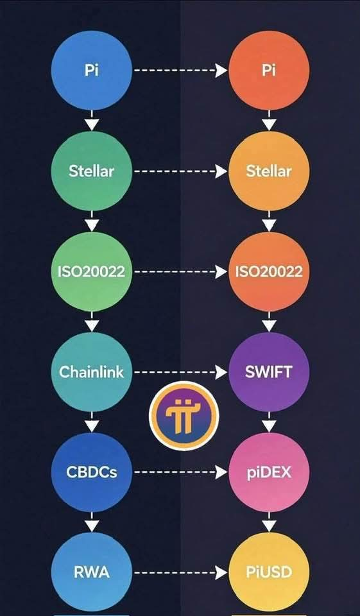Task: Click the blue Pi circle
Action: click(x=92, y=71)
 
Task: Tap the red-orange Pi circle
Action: click(x=270, y=71)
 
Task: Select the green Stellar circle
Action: click(x=92, y=171)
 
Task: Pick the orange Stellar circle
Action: click(x=270, y=171)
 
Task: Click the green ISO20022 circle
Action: click(x=92, y=271)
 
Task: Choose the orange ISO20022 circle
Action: click(x=270, y=271)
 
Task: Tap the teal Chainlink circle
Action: click(x=92, y=372)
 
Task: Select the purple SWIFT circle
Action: click(x=270, y=372)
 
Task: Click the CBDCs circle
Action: click(x=92, y=472)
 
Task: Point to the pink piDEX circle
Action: click(x=270, y=472)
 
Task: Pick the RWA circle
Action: click(x=92, y=572)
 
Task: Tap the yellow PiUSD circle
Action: click(x=270, y=572)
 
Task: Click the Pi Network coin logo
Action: click(x=184, y=416)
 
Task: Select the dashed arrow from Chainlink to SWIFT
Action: click(x=181, y=372)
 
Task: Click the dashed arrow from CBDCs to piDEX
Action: click(x=181, y=472)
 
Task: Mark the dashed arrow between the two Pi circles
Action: click(x=181, y=71)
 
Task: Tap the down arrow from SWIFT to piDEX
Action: click(x=270, y=422)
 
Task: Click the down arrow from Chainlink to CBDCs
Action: click(x=92, y=422)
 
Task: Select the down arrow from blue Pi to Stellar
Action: click(x=92, y=121)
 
